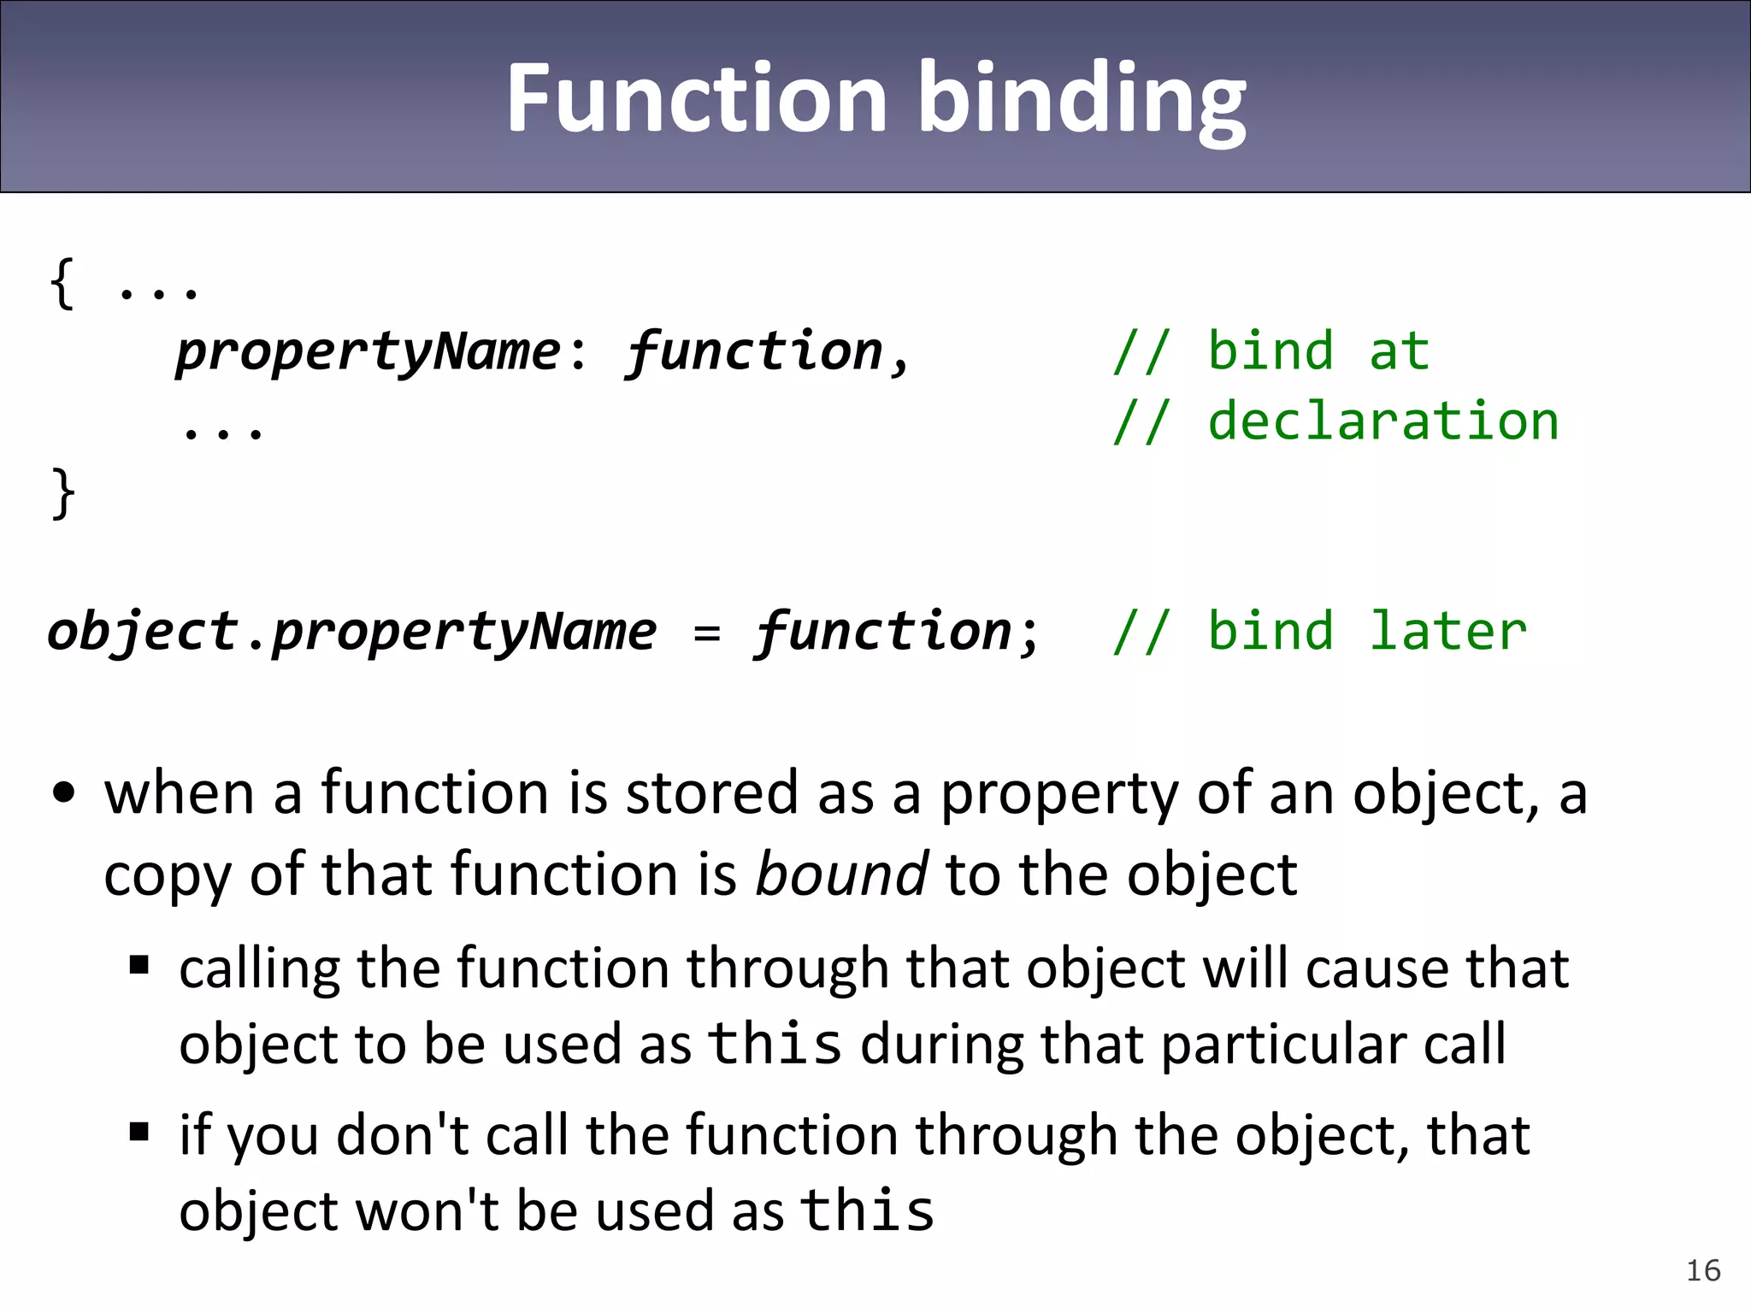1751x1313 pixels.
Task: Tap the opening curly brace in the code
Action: coord(62,283)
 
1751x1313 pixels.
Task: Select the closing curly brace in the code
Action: coord(62,492)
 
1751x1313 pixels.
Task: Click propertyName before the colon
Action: coord(368,352)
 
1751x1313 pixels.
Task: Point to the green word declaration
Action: coord(1383,421)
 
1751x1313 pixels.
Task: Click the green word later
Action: coord(1447,631)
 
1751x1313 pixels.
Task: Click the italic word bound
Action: coord(841,874)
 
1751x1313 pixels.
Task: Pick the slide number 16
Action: coord(1703,1270)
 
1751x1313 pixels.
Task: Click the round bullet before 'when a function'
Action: coord(64,792)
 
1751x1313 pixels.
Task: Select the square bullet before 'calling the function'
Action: coord(139,966)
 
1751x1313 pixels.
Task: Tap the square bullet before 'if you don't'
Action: coord(139,1133)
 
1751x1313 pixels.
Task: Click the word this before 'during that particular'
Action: coord(775,1043)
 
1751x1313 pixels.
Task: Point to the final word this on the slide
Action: coord(868,1210)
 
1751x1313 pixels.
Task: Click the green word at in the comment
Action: coord(1399,352)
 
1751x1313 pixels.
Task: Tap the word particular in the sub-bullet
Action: coord(1282,1045)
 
